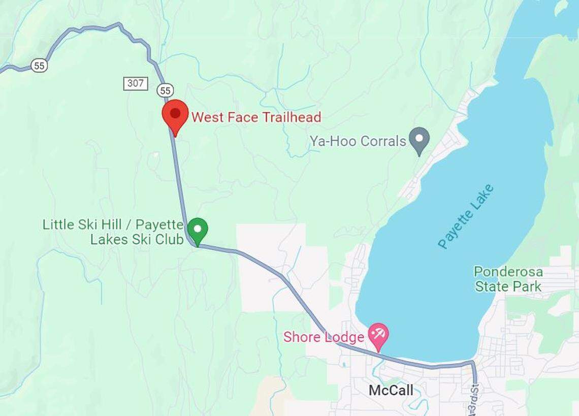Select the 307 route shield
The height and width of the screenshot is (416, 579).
pos(136,83)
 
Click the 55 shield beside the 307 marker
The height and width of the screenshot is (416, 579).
pos(165,90)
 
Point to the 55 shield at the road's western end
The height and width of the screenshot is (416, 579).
pos(39,65)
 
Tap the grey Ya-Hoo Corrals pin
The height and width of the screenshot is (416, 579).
pos(420,139)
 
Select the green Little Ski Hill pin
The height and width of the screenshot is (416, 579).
pos(198,230)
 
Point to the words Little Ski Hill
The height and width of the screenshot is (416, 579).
pos(86,225)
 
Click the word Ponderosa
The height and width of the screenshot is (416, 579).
pos(508,272)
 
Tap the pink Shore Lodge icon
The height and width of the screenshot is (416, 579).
pos(378,335)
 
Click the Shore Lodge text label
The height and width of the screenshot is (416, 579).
pos(324,337)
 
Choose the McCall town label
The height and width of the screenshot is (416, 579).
pos(391,390)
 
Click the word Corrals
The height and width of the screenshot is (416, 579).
pos(383,141)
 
